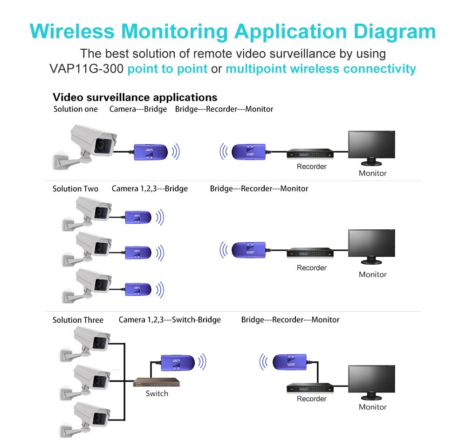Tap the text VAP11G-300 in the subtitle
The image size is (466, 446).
coord(87,69)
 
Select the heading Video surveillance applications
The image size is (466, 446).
coord(135,97)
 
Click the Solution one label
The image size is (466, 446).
coord(75,109)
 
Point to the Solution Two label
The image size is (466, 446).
coord(75,188)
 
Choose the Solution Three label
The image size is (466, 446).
coord(78,320)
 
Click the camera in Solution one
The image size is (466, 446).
coord(89,144)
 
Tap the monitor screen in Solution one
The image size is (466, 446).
coord(371,146)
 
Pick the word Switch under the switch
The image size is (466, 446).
coord(157,393)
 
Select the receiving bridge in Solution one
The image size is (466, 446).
coord(249,151)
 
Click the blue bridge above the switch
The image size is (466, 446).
coord(177,361)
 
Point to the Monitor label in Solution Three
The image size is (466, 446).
coord(372,407)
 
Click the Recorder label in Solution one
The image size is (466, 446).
coord(312,166)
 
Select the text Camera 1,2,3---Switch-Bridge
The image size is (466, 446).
coord(170,320)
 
